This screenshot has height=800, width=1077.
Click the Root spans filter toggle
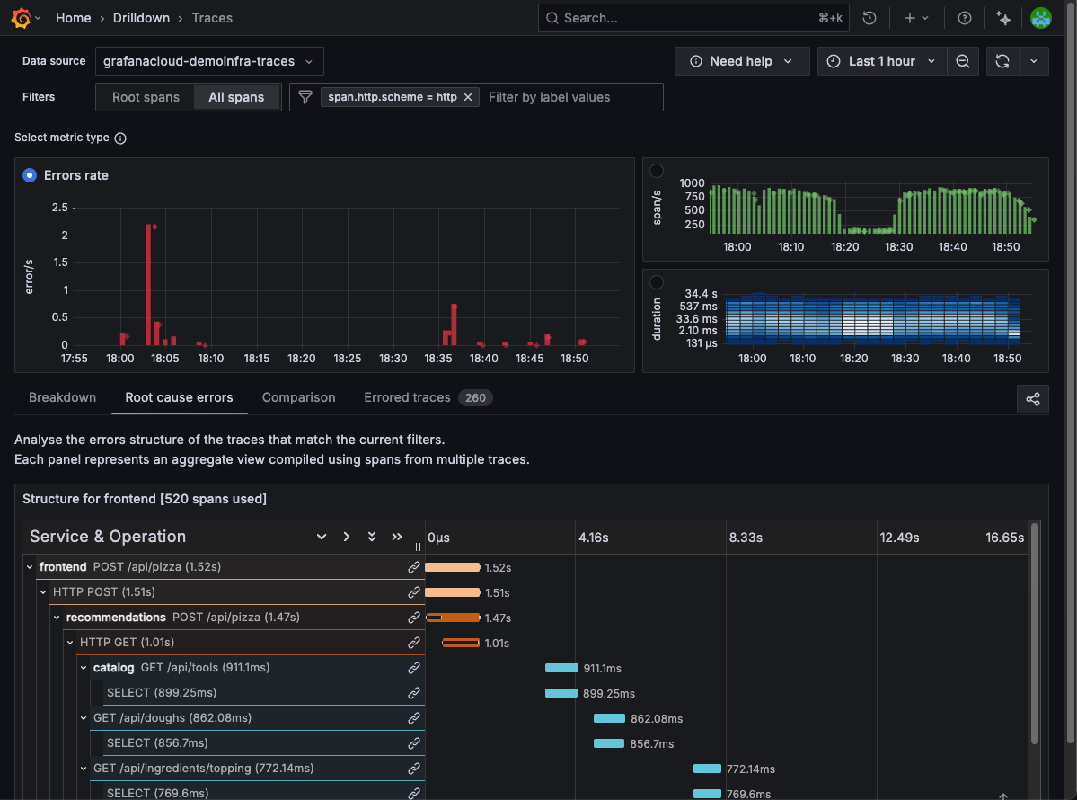pos(146,97)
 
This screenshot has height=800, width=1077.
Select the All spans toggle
pos(236,97)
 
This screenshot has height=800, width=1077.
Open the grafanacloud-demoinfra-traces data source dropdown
pos(208,61)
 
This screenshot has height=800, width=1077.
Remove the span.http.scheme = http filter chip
pos(468,97)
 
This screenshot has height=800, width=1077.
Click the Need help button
pos(741,61)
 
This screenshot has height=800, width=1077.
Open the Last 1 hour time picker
pos(880,61)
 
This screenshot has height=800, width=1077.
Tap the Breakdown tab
pos(62,397)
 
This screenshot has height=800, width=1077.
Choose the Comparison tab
pos(298,397)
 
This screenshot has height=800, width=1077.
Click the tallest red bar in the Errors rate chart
pos(147,283)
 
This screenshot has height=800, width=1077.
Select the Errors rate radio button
pos(31,175)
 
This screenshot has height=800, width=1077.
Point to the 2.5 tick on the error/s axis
pos(59,208)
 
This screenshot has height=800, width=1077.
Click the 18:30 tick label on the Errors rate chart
pos(393,359)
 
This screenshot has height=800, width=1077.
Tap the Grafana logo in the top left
pos(21,18)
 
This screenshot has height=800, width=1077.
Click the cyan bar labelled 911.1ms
pos(561,668)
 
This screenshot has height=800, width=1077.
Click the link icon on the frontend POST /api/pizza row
pos(414,567)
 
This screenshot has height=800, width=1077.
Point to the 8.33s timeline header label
pos(745,538)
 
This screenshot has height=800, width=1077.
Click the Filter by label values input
pos(570,97)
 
